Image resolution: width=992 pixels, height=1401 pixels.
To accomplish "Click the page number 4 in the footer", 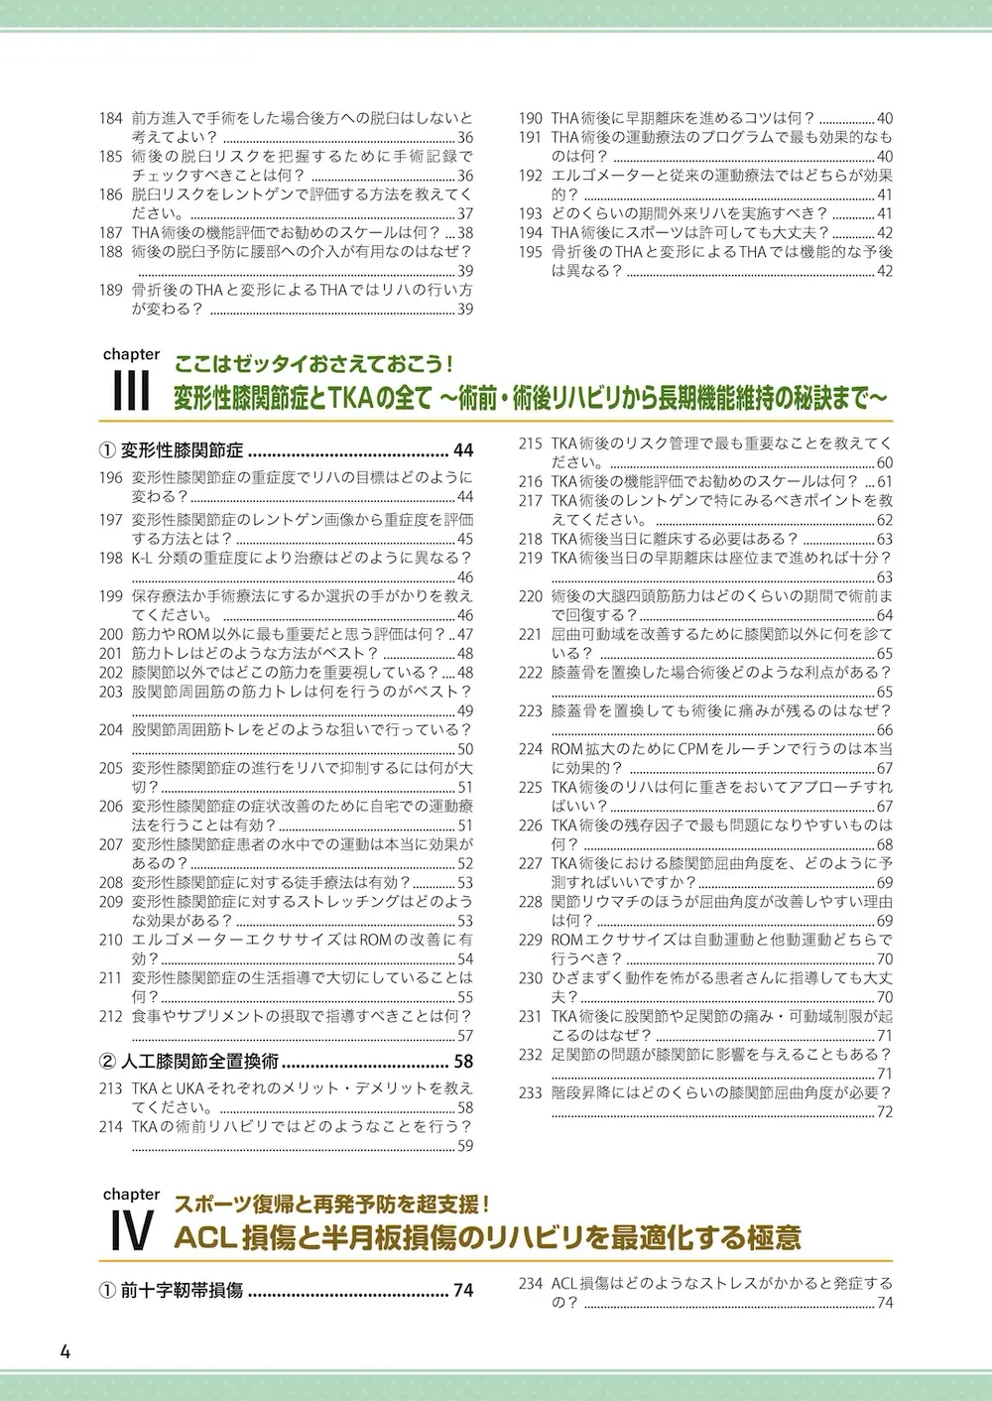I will pos(64,1352).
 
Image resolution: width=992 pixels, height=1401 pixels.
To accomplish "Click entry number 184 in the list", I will pos(111,118).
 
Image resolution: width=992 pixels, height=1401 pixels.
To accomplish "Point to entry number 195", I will pos(531,252).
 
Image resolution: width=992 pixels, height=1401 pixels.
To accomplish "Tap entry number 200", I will pos(111,634).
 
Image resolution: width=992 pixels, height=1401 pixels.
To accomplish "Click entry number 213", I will pos(111,1088).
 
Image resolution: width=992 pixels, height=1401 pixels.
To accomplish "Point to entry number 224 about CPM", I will pos(531,749).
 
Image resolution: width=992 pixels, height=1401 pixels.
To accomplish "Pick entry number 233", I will pos(531,1092).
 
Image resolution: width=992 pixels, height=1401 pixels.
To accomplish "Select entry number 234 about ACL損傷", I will pos(531,1284).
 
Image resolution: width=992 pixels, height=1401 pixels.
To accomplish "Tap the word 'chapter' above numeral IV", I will pos(131,1195).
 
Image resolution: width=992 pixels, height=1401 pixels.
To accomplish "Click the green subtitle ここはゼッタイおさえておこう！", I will pos(313,363).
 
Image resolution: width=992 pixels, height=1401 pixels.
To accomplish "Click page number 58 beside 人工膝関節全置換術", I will pos(463,1060).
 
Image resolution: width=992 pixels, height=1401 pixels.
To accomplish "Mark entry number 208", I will pos(111,882).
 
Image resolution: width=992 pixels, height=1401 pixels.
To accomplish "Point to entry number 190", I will pos(531,118).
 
